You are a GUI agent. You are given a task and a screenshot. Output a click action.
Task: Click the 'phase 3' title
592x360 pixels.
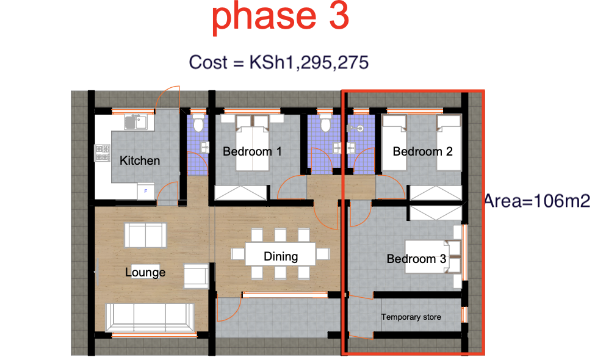(x=280, y=18)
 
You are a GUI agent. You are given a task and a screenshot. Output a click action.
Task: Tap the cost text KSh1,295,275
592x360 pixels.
(x=279, y=62)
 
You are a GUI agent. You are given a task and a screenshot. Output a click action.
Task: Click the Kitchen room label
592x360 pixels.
(x=140, y=160)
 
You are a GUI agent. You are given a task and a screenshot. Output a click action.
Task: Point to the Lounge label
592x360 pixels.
(x=145, y=272)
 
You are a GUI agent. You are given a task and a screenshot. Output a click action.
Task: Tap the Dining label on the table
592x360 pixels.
(x=281, y=256)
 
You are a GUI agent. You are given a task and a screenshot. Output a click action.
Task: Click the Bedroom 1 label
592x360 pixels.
(x=252, y=151)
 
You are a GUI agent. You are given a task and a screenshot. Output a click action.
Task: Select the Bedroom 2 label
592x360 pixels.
(x=422, y=151)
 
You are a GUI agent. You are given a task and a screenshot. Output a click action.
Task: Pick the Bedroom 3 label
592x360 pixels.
(x=416, y=259)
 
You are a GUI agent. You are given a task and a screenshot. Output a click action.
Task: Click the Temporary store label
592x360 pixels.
(x=411, y=317)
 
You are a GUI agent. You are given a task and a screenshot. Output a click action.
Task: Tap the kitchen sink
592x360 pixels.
(x=134, y=122)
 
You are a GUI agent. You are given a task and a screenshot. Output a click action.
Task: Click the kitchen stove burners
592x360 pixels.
(x=101, y=154)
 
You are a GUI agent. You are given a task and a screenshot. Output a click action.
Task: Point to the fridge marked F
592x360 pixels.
(x=146, y=191)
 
